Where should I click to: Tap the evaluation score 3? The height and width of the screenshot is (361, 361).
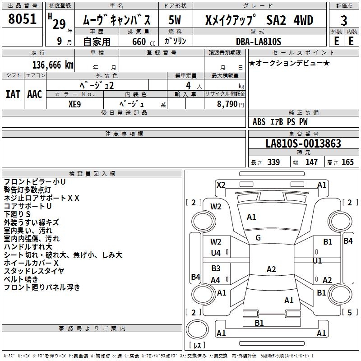pyautogui.click(x=344, y=21)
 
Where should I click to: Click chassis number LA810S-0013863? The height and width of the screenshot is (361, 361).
pyautogui.click(x=303, y=144)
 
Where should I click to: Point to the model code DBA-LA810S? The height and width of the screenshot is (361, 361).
pyautogui.click(x=259, y=42)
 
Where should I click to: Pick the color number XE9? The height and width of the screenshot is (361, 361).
pyautogui.click(x=75, y=103)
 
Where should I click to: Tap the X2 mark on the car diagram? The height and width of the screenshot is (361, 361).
pyautogui.click(x=221, y=185)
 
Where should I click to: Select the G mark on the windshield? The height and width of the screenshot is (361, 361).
pyautogui.click(x=258, y=237)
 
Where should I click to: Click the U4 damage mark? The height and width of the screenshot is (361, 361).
pyautogui.click(x=216, y=253)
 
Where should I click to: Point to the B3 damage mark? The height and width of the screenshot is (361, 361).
pyautogui.click(x=216, y=268)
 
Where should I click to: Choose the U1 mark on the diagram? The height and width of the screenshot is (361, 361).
pyautogui.click(x=317, y=261)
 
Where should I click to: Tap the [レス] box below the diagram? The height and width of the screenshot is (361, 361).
pyautogui.click(x=197, y=346)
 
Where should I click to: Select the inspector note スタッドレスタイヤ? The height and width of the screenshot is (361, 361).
pyautogui.click(x=34, y=271)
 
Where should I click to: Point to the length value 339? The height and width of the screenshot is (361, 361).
pyautogui.click(x=273, y=162)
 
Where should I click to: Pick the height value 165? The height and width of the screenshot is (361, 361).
pyautogui.click(x=347, y=162)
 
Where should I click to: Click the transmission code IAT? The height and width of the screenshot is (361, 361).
pyautogui.click(x=13, y=94)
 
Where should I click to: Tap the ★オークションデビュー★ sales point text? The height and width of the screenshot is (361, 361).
pyautogui.click(x=289, y=63)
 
